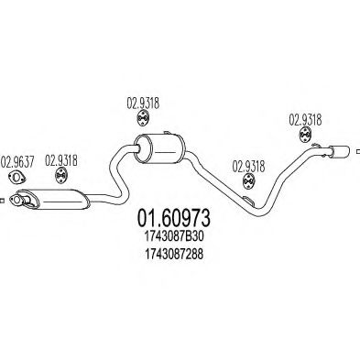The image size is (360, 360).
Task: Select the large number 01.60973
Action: coord(175,220)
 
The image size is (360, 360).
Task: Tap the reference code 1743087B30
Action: coord(175,240)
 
